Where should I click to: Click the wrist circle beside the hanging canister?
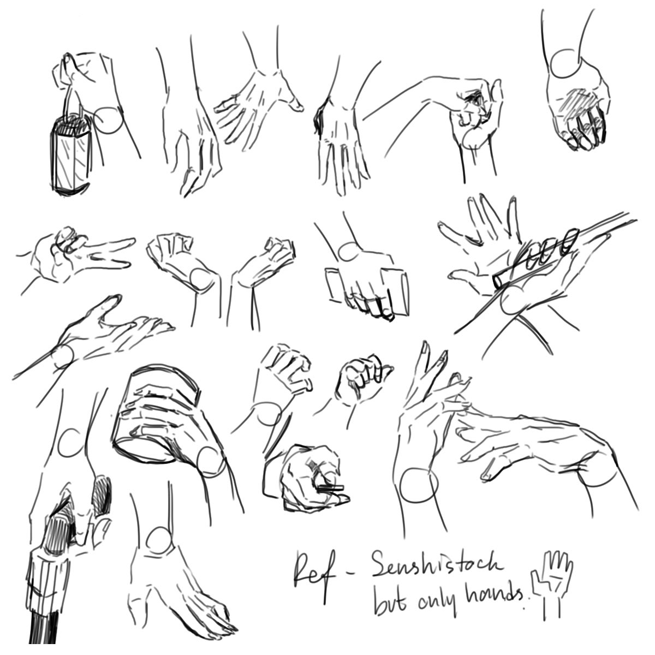point(110,120)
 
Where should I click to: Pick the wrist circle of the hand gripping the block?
point(349,252)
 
